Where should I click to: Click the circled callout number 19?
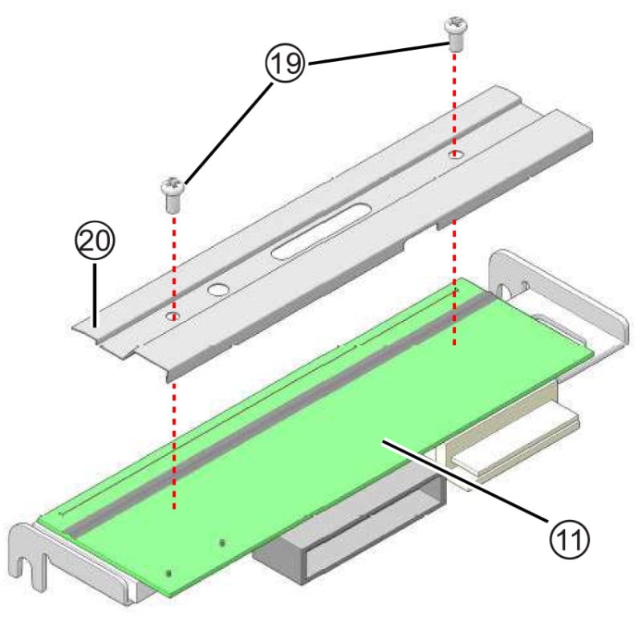(x=284, y=64)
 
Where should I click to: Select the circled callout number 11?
(x=569, y=537)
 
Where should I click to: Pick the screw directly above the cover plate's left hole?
(x=173, y=193)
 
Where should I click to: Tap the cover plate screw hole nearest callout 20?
(x=173, y=317)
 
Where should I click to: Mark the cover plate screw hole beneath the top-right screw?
(x=455, y=153)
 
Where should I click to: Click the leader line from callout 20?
(x=96, y=293)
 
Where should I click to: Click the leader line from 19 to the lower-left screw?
(x=229, y=132)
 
